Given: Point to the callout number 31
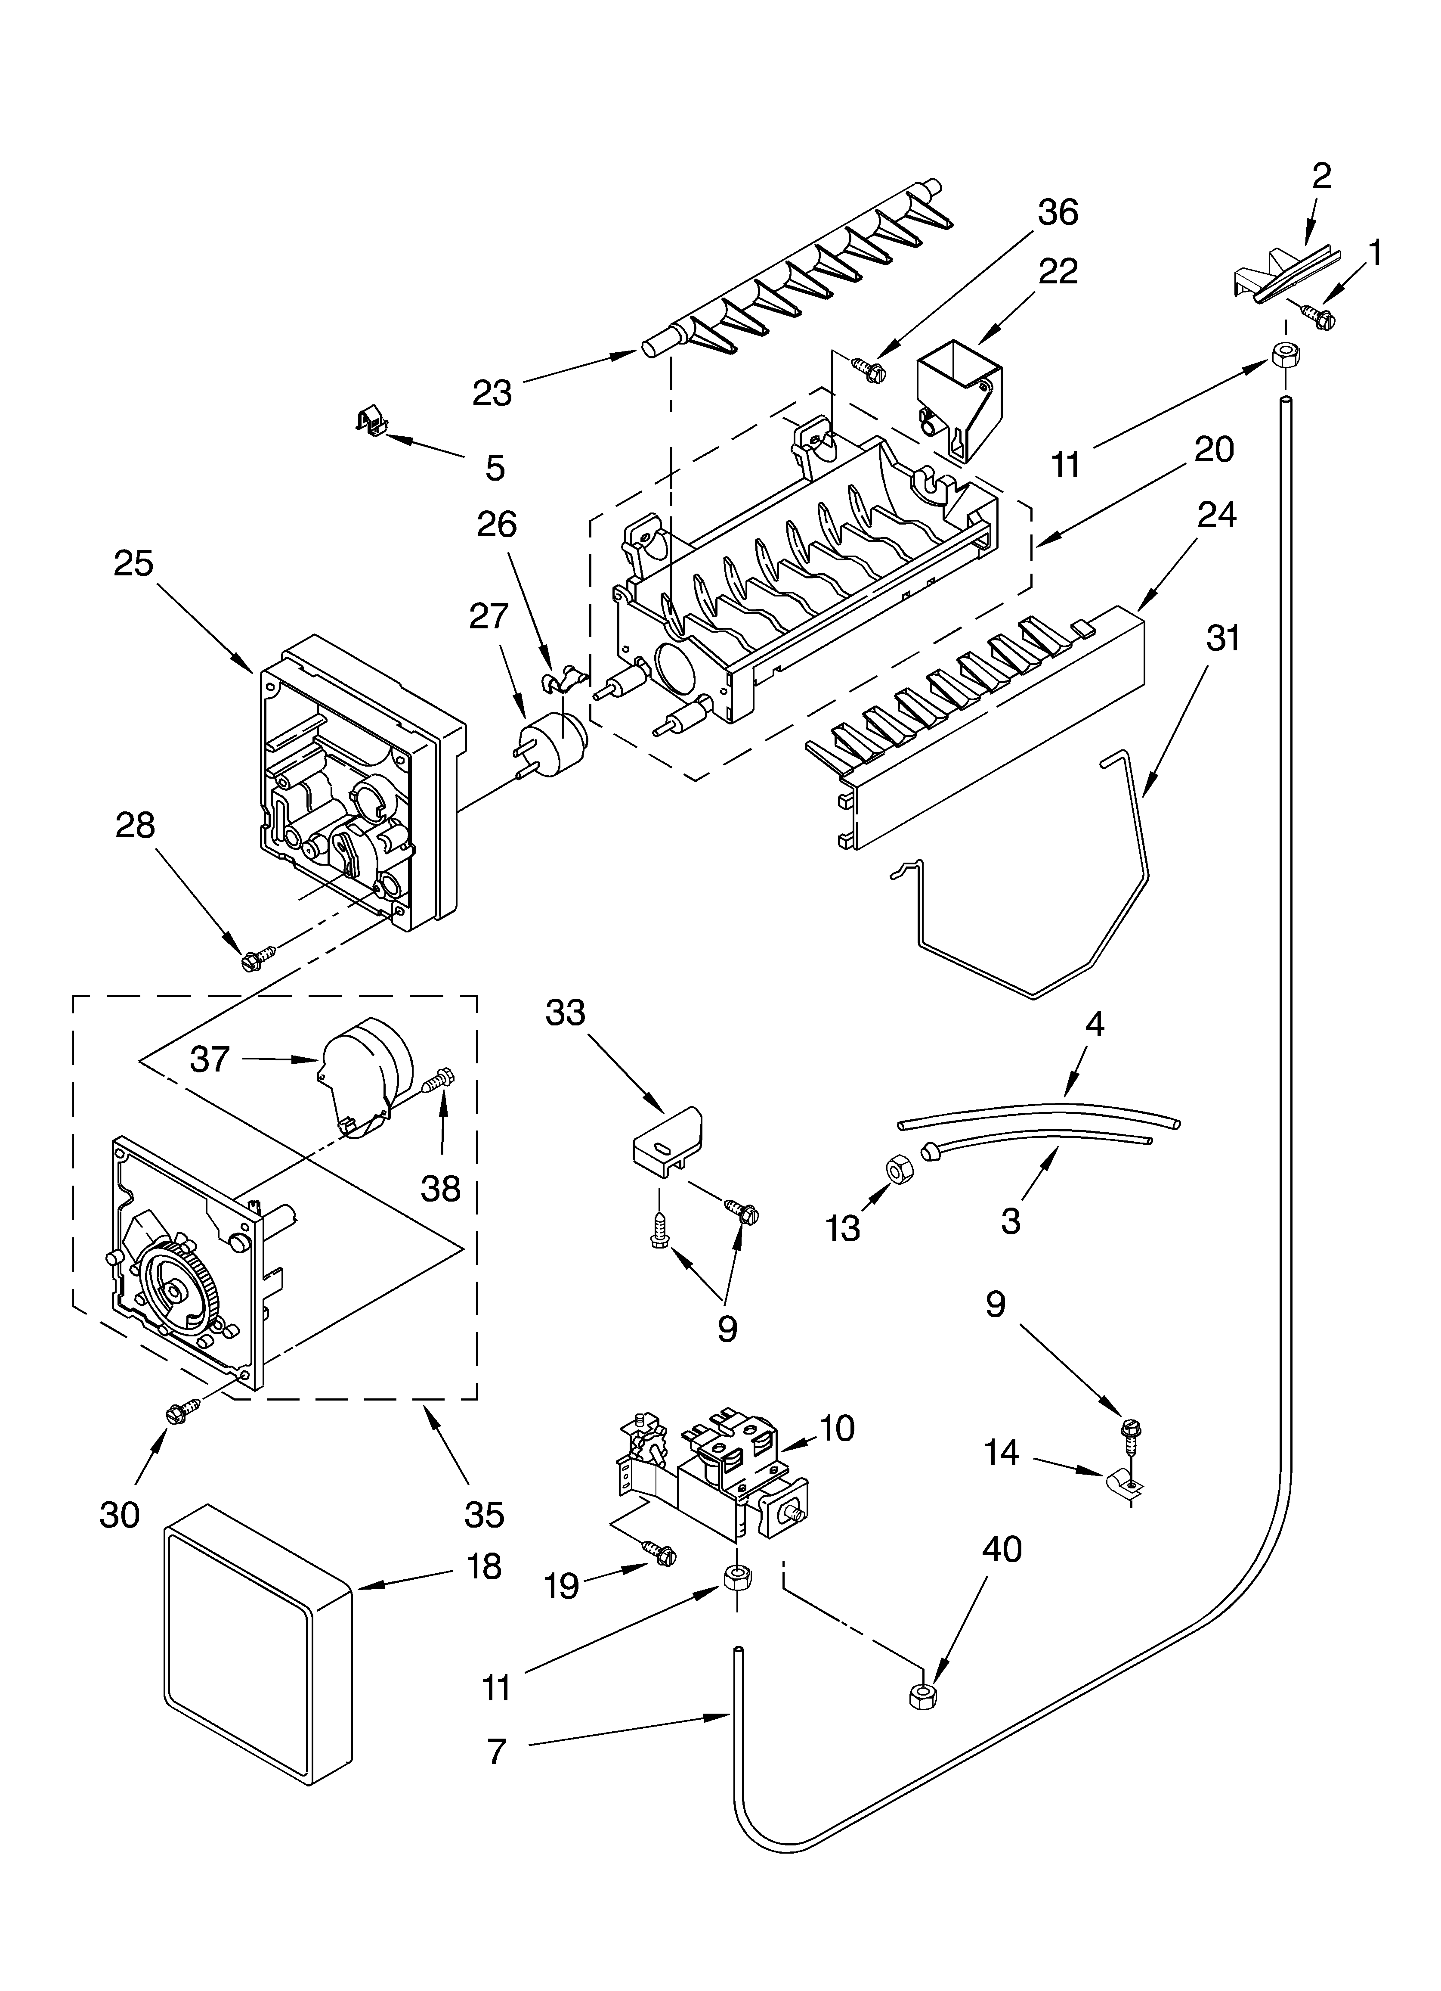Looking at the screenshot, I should pyautogui.click(x=1222, y=638).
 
